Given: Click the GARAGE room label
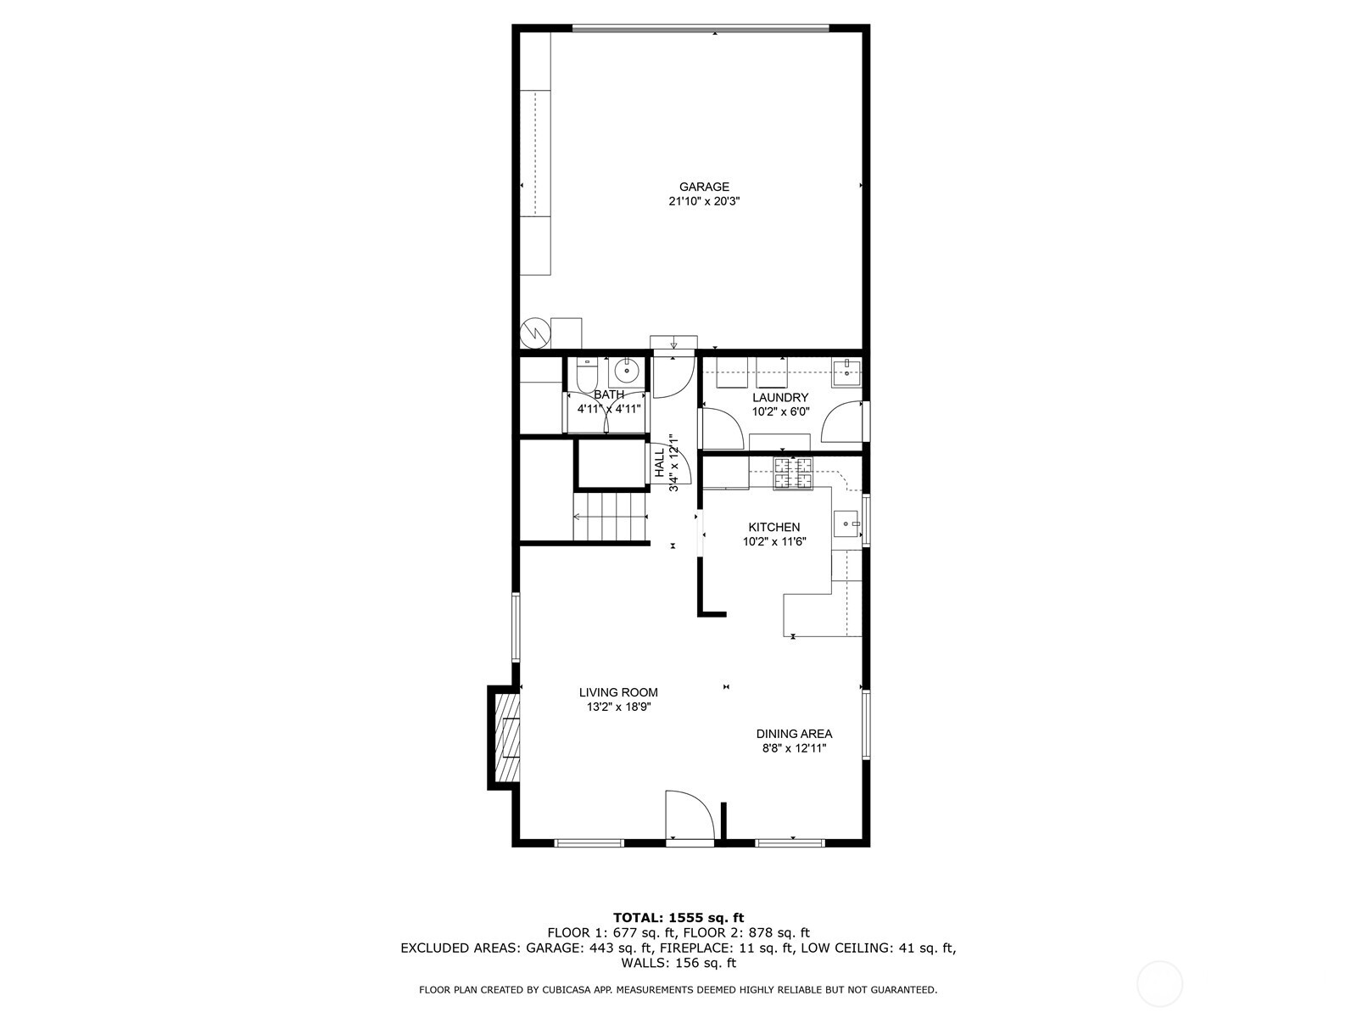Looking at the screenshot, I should click(703, 187).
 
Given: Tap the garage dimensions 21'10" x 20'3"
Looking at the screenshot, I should click(703, 202).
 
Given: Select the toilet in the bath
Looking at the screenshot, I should click(586, 376).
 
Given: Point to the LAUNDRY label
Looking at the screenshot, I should click(780, 397).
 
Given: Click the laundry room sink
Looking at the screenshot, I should click(846, 369).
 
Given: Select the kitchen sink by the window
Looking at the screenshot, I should click(846, 525).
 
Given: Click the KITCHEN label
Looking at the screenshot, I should click(773, 527).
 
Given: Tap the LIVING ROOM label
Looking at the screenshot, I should click(618, 692).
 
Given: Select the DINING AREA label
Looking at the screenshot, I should click(794, 734).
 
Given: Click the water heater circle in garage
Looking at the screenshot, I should click(535, 333).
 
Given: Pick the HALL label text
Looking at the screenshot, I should click(660, 463).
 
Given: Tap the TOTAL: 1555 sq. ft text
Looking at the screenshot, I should click(678, 917).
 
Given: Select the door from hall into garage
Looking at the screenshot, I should click(672, 376).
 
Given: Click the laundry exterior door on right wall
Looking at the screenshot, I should click(843, 421).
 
